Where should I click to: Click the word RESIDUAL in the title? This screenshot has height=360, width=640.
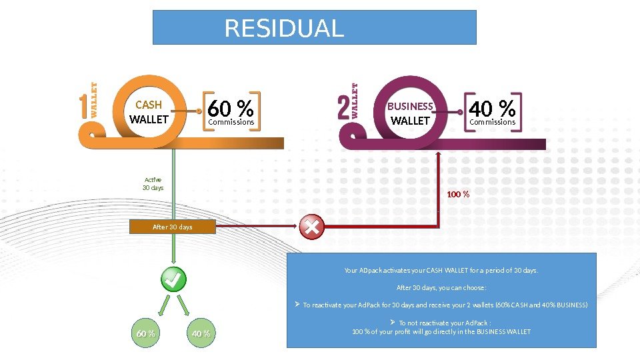click(x=285, y=28)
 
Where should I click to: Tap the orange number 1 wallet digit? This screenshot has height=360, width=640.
click(x=83, y=107)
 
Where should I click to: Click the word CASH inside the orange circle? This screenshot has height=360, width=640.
click(x=149, y=105)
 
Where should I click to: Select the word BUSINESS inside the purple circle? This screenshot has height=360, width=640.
click(x=410, y=106)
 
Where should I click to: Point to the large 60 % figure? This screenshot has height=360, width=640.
click(x=231, y=107)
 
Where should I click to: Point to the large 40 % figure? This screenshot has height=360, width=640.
click(x=493, y=107)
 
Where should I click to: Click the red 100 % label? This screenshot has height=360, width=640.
click(x=458, y=195)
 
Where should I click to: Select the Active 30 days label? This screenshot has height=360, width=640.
click(x=153, y=183)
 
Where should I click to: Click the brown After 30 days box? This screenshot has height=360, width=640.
click(x=172, y=227)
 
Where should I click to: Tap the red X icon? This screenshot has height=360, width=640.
click(x=311, y=227)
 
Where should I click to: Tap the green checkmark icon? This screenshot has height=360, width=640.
click(x=173, y=280)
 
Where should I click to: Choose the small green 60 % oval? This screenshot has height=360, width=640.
click(x=146, y=333)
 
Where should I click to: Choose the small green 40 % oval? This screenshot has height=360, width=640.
click(x=201, y=333)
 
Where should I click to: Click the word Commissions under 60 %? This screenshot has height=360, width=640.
click(x=231, y=122)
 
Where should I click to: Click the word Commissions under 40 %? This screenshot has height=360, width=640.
click(x=493, y=122)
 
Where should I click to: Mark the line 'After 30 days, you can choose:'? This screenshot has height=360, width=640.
click(x=441, y=288)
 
